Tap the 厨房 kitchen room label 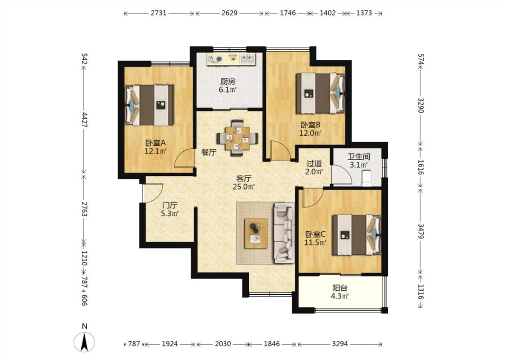(x=228, y=82)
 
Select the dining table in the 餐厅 (x=237, y=138)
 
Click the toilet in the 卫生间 (x=367, y=178)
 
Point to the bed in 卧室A (x=149, y=105)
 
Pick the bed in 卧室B (x=320, y=93)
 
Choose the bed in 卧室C (x=357, y=235)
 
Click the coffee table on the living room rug (x=256, y=234)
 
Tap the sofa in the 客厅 (x=284, y=233)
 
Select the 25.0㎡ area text (x=244, y=187)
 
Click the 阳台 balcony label (x=340, y=288)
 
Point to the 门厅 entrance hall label (x=170, y=205)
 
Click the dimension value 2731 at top (x=158, y=13)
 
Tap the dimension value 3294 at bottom (x=340, y=344)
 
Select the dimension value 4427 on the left (x=84, y=120)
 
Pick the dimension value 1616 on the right (x=421, y=167)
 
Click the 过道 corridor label (x=314, y=163)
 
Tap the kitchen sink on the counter (x=247, y=59)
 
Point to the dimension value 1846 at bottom (x=272, y=344)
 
